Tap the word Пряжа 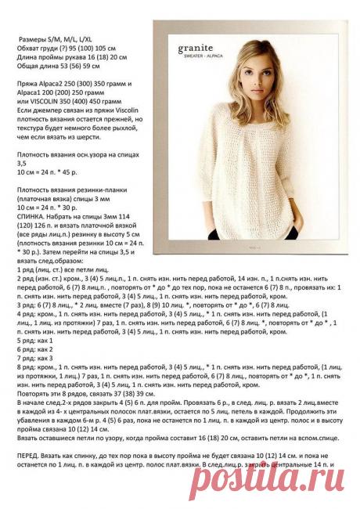[x=27, y=81]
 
